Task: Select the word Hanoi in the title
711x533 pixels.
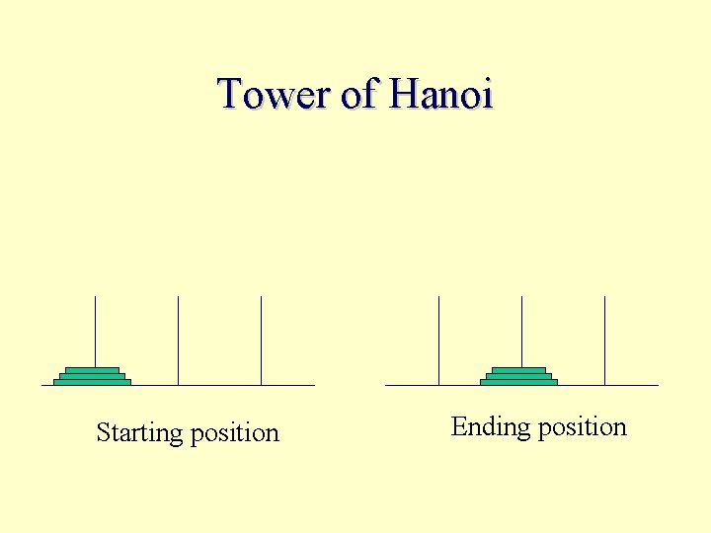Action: [x=440, y=95]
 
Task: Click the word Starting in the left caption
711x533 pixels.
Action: [x=139, y=433]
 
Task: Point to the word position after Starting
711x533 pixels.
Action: [x=234, y=433]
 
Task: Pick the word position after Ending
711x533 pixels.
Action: [x=582, y=427]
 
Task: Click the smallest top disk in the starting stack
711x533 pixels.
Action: [x=92, y=370]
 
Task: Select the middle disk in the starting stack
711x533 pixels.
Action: [x=92, y=376]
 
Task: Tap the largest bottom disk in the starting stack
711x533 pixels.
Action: [x=92, y=382]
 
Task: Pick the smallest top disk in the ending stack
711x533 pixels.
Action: [x=518, y=370]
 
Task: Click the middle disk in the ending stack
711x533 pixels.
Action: [x=518, y=376]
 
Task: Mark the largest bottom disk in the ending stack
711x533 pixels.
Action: [x=518, y=382]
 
